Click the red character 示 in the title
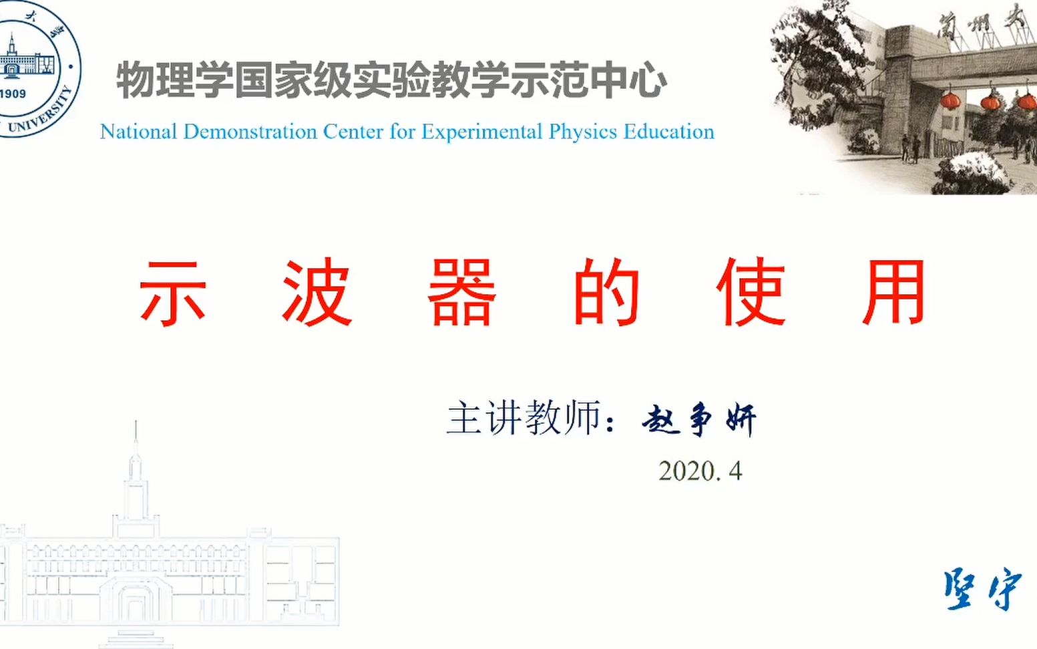coord(172,293)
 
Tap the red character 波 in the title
coord(317,293)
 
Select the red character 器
coord(461,293)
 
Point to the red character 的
coord(606,293)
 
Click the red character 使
coord(750,293)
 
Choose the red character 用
coord(894,293)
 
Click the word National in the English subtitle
coord(139,132)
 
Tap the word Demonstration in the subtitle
coord(250,132)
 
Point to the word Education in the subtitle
coord(669,132)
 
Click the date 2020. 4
coord(700,471)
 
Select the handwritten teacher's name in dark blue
coord(698,420)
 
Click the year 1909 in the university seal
coord(13,94)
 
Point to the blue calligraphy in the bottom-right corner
coord(982,590)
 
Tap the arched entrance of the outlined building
coord(136,605)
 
